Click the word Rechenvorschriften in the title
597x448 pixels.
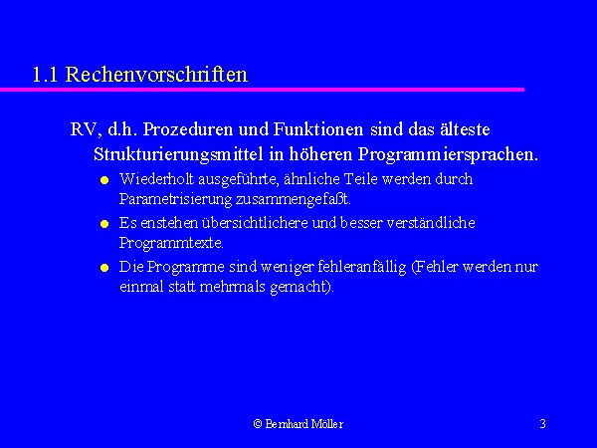coord(156,75)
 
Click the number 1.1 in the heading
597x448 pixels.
coord(45,75)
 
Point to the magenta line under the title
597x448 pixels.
coord(262,90)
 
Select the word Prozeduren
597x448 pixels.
coord(188,129)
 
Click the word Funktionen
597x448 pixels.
coord(318,129)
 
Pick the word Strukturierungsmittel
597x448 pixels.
coord(178,154)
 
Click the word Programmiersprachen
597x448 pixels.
coord(448,154)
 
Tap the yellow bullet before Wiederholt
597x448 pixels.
coord(104,180)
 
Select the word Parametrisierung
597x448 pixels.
coord(175,199)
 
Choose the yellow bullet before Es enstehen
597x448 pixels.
coord(104,224)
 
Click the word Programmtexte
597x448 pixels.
coord(171,243)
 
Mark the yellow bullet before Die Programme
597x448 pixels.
coord(104,268)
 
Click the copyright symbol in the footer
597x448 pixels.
coord(258,424)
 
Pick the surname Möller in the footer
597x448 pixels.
coord(327,424)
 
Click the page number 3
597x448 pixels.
coord(543,424)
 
